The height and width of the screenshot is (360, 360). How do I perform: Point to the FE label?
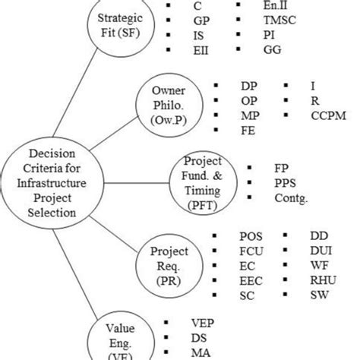(x=248, y=130)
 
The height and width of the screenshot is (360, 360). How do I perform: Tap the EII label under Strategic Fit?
(x=201, y=49)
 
